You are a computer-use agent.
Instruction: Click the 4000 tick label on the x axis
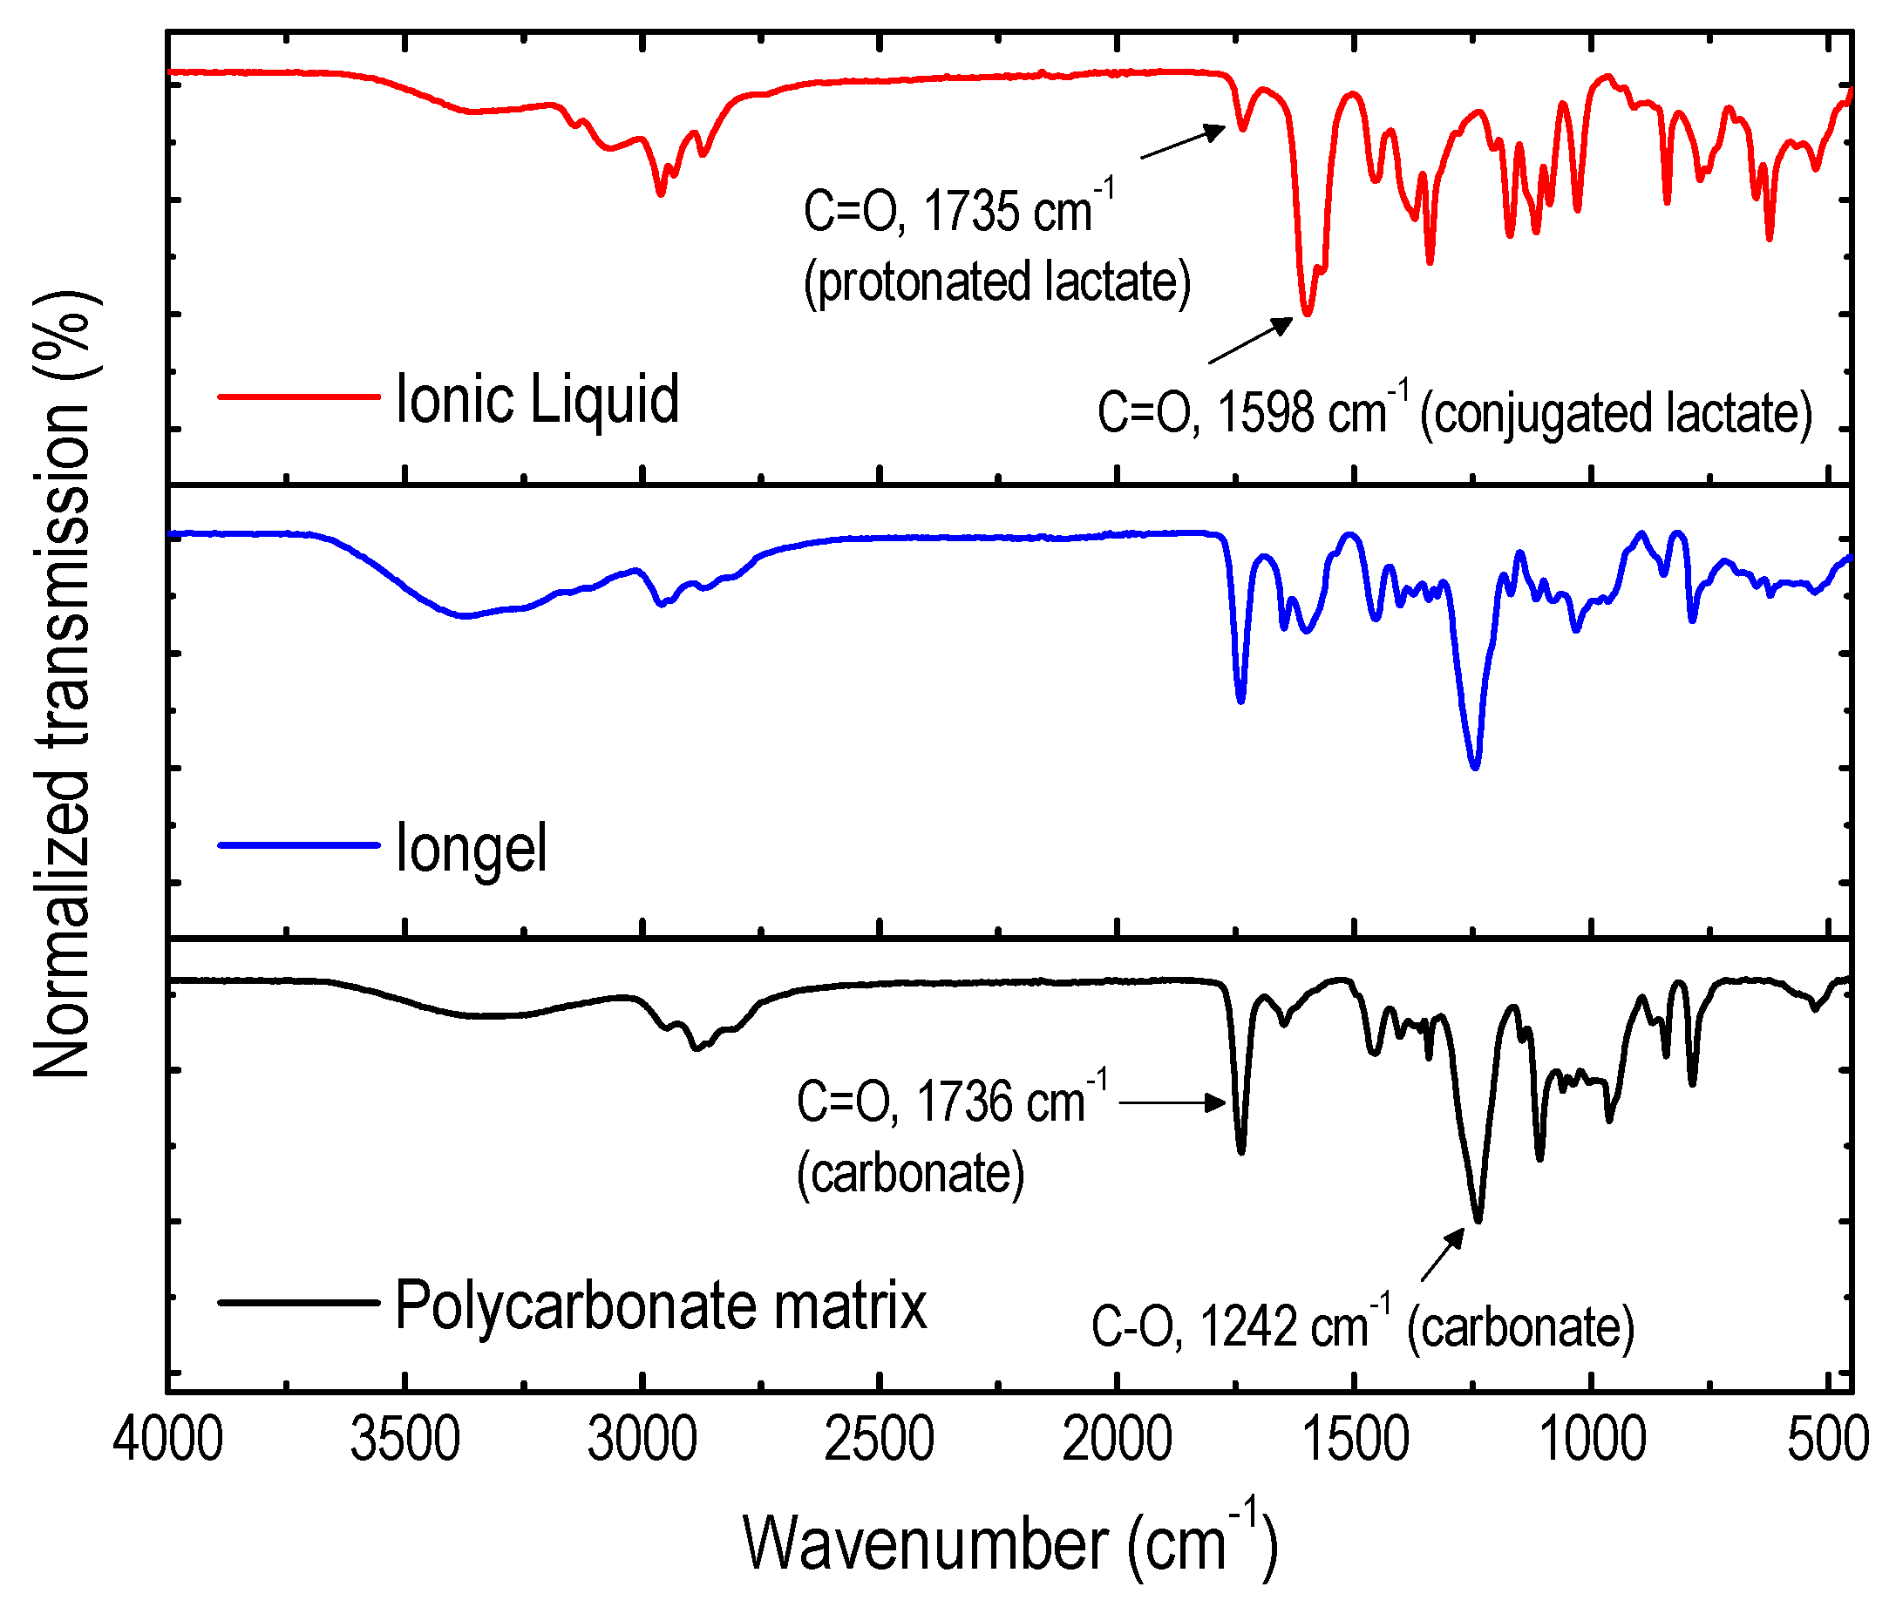coord(167,1441)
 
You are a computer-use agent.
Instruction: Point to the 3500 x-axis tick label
coord(404,1441)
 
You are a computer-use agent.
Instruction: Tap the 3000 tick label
coord(642,1441)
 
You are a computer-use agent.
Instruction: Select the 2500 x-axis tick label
coord(880,1441)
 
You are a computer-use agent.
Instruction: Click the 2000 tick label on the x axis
coord(1116,1441)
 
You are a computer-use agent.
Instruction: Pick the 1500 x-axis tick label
coord(1354,1441)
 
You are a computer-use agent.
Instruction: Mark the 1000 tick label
coord(1592,1441)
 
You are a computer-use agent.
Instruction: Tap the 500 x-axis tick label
coord(1828,1441)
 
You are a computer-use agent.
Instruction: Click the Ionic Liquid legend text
coord(538,399)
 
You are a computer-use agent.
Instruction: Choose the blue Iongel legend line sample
coord(298,845)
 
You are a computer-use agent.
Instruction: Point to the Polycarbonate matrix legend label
coord(661,1305)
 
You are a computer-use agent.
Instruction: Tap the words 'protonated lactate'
coord(996,281)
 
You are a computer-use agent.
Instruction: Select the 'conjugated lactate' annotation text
coord(1616,414)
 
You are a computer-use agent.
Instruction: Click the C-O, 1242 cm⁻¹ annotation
coord(1230,1326)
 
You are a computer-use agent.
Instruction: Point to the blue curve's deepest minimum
coord(1475,767)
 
